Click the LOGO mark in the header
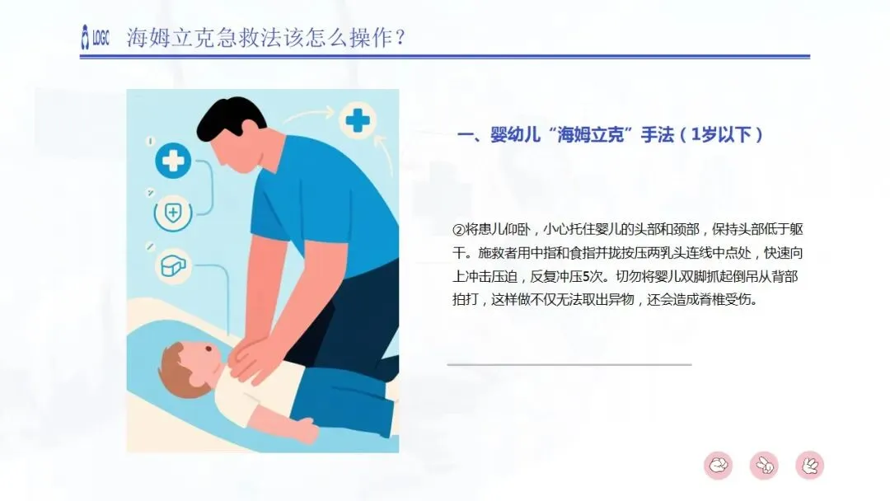coord(95,37)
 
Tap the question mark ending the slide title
coord(400,38)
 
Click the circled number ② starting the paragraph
coord(459,229)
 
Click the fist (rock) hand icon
coord(718,466)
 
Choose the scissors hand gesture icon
coord(764,466)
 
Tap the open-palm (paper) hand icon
coord(809,466)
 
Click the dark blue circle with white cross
coord(172,162)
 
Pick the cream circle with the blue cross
coord(357,120)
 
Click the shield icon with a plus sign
coord(172,213)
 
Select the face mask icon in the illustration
coord(173,265)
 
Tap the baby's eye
coord(208,349)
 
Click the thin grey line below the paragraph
coord(569,364)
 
